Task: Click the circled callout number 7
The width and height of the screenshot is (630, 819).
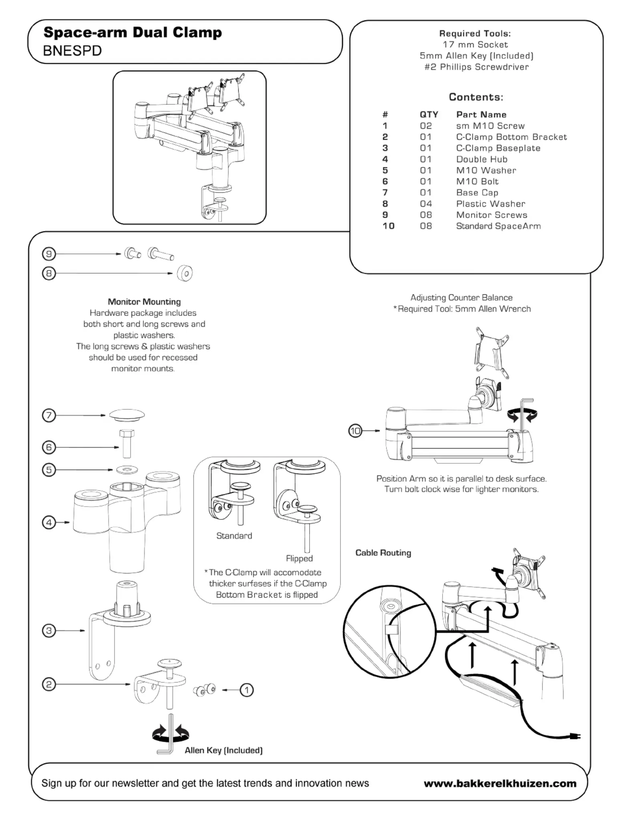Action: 49,415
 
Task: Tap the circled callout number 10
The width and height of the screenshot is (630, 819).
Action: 355,431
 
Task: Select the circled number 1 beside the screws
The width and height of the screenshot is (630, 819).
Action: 247,690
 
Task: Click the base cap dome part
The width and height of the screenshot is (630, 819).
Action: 127,415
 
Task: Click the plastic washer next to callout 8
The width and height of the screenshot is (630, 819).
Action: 185,273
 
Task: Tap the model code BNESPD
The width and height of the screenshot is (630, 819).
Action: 72,51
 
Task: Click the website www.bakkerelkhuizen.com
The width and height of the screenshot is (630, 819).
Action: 500,783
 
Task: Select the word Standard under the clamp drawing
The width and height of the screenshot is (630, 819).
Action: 234,536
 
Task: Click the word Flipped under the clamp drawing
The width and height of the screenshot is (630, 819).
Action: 299,558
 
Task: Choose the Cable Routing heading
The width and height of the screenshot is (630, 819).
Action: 383,553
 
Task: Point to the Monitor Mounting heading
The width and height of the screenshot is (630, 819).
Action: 144,302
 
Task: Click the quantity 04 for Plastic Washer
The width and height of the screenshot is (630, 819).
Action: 426,204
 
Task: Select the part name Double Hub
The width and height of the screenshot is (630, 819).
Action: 481,159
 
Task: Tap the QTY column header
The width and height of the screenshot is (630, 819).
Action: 429,115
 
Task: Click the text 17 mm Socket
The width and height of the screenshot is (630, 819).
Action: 475,44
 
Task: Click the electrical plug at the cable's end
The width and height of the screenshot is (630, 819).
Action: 575,736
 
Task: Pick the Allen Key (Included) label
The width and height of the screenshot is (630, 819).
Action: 223,750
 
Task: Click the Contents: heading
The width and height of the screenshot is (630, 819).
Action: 476,97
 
